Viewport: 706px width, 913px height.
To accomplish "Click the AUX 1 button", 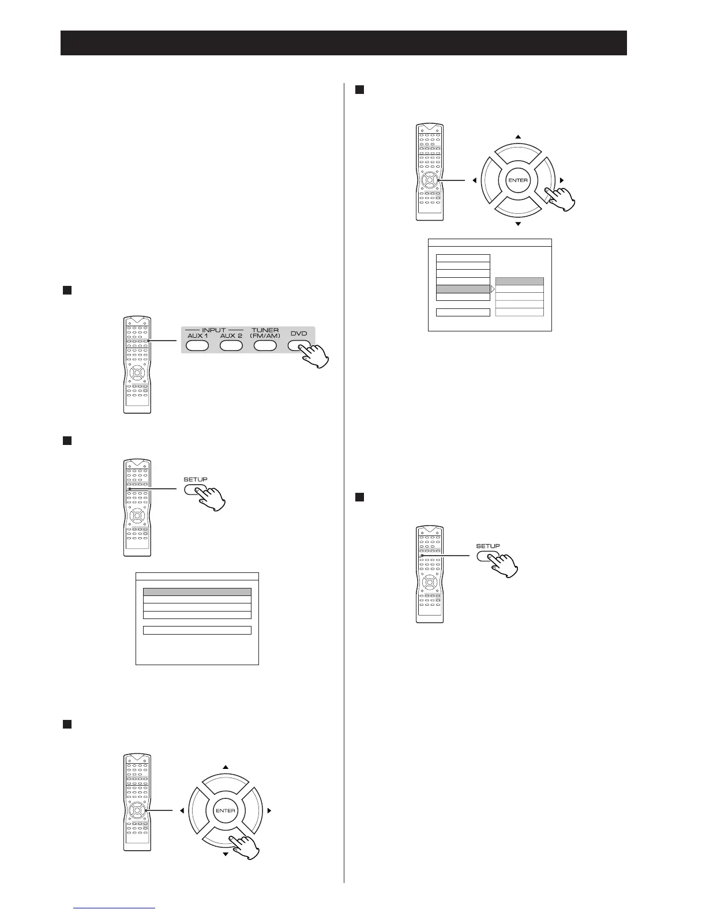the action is point(197,346).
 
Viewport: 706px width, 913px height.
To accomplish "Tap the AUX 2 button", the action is point(231,346).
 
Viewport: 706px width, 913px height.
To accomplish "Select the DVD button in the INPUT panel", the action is point(299,346).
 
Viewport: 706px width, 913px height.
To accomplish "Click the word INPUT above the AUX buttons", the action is point(213,330).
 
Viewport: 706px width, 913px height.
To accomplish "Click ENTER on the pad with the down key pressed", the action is point(226,810).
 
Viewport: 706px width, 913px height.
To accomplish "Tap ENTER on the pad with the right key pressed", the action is point(518,180).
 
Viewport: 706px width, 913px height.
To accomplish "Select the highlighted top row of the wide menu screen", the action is point(197,591).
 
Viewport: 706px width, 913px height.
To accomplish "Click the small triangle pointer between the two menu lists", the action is point(493,289).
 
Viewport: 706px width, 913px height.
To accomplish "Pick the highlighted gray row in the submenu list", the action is point(519,281).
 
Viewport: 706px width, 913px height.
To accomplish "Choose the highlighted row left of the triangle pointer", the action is point(463,289).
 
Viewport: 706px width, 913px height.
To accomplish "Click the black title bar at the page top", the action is point(344,43).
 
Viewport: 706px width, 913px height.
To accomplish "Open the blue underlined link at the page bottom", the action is point(115,908).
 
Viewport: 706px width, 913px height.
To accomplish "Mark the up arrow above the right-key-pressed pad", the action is point(518,137).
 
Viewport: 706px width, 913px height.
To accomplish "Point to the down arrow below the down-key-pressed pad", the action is point(226,854).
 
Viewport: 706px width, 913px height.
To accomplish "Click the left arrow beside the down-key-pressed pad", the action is point(182,810).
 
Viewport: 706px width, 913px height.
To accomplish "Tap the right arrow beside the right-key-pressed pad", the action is point(562,180).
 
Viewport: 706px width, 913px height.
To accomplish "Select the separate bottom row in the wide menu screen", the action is point(197,630).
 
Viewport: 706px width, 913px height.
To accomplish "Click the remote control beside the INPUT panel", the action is point(137,364).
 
